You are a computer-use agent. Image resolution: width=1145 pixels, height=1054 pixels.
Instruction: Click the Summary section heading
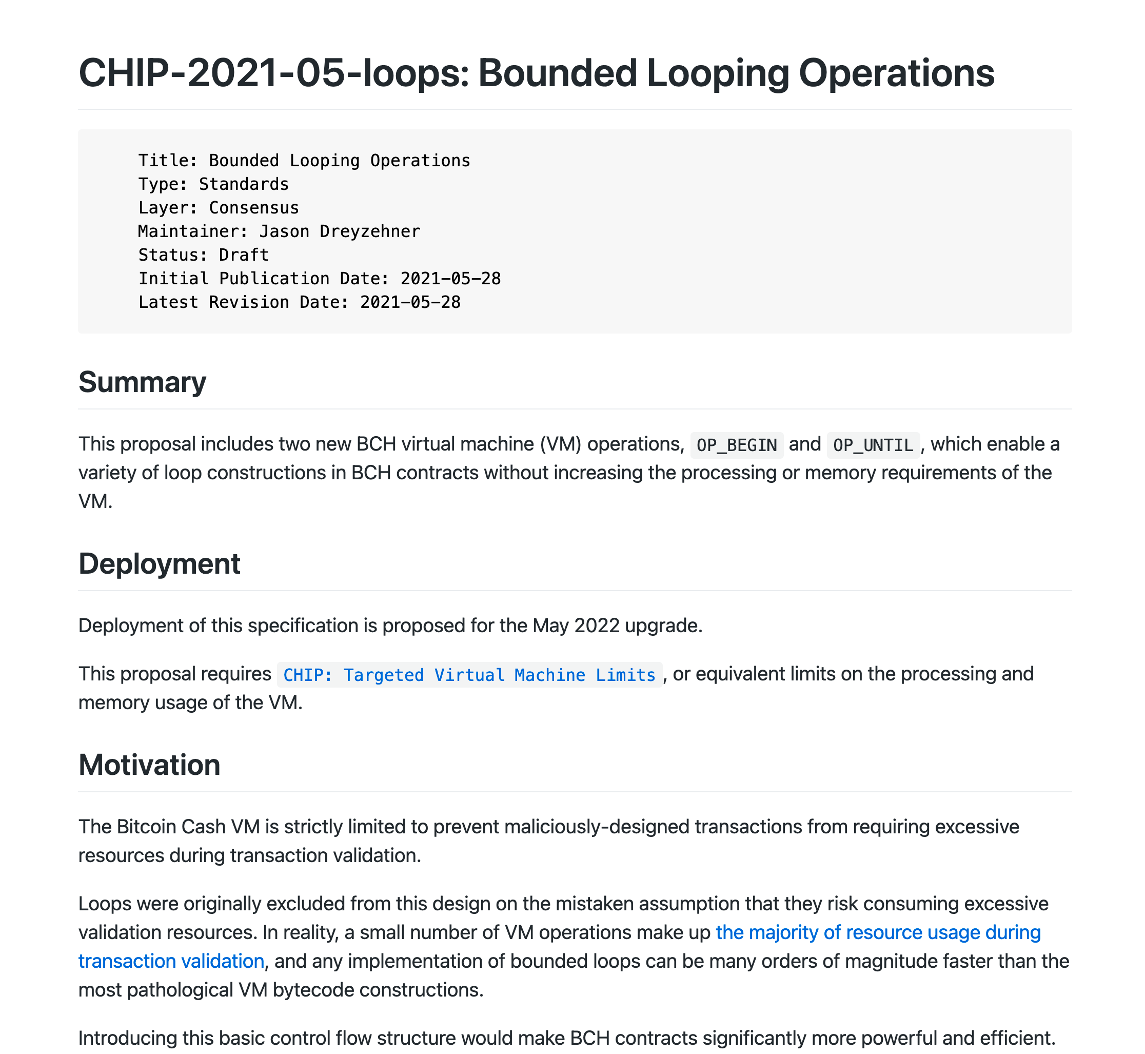[142, 382]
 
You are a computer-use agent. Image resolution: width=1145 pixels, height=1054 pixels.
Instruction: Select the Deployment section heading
[159, 563]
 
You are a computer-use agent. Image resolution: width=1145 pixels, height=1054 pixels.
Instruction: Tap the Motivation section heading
[149, 765]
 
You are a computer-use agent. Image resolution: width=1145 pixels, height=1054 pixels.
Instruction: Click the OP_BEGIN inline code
[736, 445]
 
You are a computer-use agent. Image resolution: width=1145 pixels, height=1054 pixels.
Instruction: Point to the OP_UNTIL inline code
[873, 445]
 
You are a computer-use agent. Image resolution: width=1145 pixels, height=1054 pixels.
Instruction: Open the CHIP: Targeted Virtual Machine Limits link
[469, 675]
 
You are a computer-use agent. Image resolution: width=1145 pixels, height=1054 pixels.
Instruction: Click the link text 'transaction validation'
[171, 961]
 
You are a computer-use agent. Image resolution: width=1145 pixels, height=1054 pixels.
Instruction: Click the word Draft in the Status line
[244, 255]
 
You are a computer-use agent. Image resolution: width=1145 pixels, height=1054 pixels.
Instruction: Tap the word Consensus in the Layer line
[254, 208]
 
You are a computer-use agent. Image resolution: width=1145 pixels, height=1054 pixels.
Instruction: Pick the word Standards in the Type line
[244, 184]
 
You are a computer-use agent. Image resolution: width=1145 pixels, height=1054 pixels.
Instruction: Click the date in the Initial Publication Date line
[450, 278]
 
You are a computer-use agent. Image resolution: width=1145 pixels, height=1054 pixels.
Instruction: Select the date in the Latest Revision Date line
[410, 302]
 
